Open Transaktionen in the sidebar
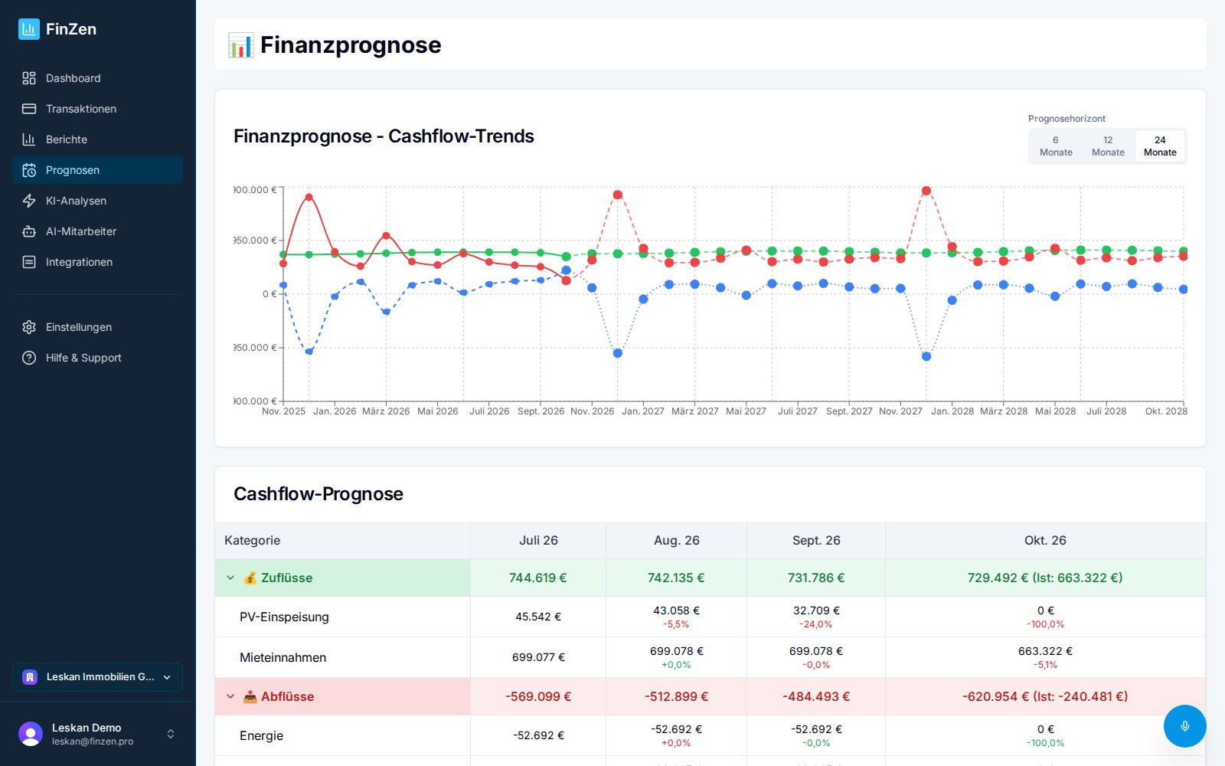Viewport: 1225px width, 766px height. [x=81, y=109]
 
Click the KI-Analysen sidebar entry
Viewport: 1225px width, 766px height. [x=76, y=201]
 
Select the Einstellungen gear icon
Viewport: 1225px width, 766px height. [x=29, y=327]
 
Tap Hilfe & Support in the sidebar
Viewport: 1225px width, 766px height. [x=83, y=358]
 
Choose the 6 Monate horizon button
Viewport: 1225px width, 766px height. [x=1056, y=146]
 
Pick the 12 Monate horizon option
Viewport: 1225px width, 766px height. [x=1108, y=146]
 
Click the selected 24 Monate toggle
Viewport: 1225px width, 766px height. [x=1160, y=146]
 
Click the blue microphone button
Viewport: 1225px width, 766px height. [x=1184, y=726]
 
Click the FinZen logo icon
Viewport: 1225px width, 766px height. [x=29, y=29]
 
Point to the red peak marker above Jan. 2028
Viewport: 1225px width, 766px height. [x=926, y=191]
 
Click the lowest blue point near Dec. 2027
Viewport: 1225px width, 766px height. [x=926, y=356]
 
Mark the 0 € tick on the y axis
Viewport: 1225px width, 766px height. [x=269, y=294]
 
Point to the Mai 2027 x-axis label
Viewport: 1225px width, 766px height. [x=746, y=411]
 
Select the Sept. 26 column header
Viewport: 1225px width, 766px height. [x=816, y=541]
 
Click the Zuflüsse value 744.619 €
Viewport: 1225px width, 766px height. [x=537, y=578]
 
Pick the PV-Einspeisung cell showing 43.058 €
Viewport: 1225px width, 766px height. [x=677, y=611]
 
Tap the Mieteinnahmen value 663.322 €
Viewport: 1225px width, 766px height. [x=1045, y=651]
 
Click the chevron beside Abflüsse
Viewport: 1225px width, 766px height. [x=230, y=696]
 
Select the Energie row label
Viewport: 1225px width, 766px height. [x=261, y=736]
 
